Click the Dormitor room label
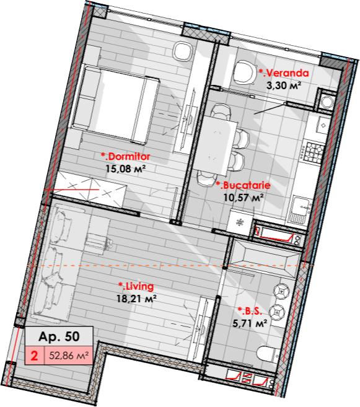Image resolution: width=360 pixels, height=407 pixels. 126,157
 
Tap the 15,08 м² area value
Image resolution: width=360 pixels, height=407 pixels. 125,169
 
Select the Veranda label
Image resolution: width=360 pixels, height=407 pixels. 284,73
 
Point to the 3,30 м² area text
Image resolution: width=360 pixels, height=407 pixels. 284,85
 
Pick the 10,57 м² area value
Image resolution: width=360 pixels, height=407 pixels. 244,198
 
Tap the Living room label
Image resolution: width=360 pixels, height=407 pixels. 136,286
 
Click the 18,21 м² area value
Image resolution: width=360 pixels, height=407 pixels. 136,299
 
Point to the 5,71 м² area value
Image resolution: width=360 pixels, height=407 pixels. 250,323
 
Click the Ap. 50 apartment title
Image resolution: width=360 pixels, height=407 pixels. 59,336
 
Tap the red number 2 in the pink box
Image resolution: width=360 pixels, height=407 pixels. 34,356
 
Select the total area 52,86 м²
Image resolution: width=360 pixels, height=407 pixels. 69,355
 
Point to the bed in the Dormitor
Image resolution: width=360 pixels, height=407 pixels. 115,105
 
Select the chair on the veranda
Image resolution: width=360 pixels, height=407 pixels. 244,72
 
